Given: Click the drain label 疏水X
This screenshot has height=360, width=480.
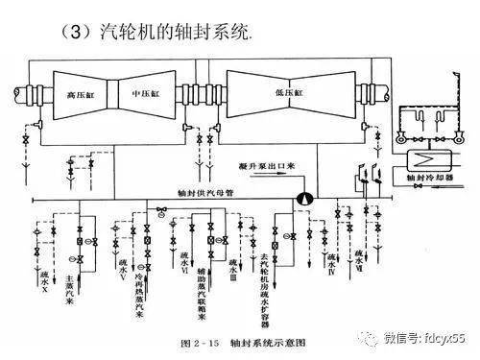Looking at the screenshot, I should [x=43, y=279].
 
